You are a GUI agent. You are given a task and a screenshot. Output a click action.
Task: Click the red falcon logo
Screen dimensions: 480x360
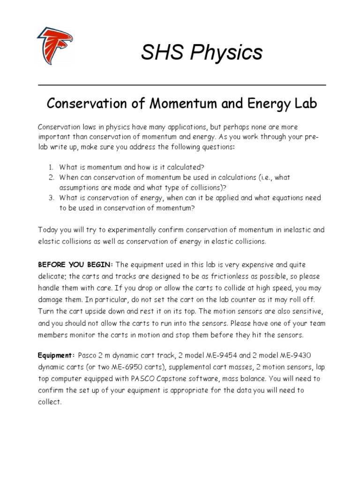55,46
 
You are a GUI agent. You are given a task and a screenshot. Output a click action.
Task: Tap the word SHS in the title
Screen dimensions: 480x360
161,52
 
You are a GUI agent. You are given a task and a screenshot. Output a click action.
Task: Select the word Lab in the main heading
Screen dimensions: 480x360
306,104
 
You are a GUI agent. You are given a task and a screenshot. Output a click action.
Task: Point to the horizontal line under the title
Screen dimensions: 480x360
181,85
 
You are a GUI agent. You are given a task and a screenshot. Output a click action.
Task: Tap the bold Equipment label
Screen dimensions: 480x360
56,355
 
